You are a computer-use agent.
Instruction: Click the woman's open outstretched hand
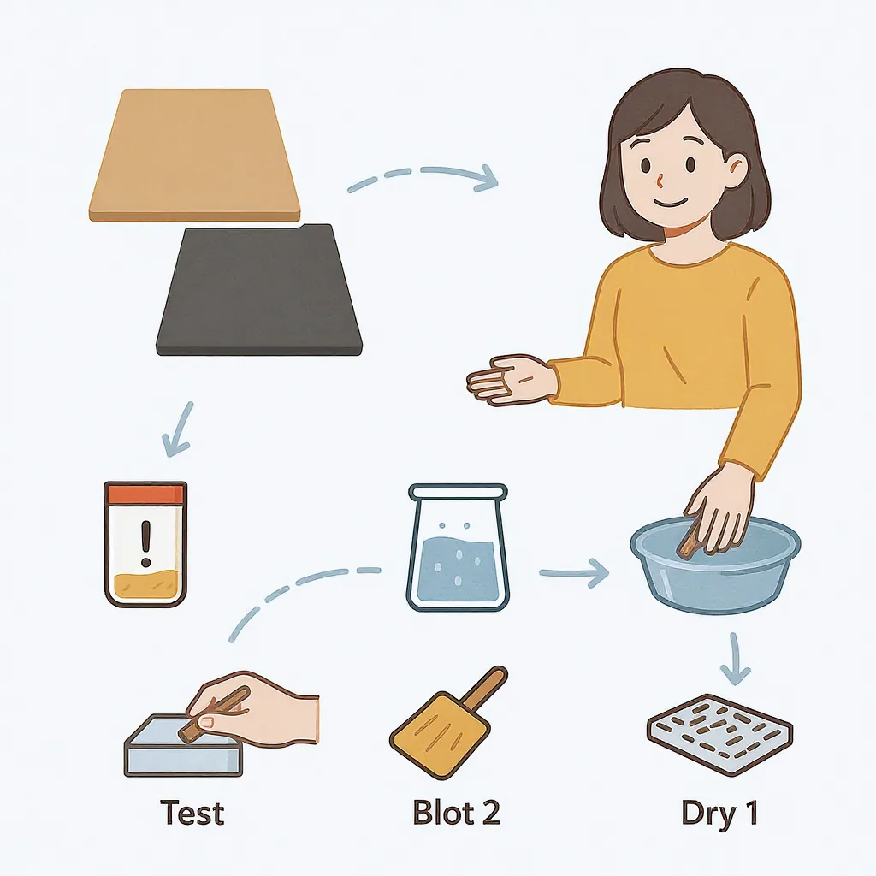pos(510,380)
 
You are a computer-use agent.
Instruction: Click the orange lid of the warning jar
pos(145,493)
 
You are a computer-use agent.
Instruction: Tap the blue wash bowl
pos(714,569)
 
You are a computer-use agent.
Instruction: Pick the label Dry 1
pos(719,812)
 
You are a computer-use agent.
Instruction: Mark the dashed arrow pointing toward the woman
pos(423,175)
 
